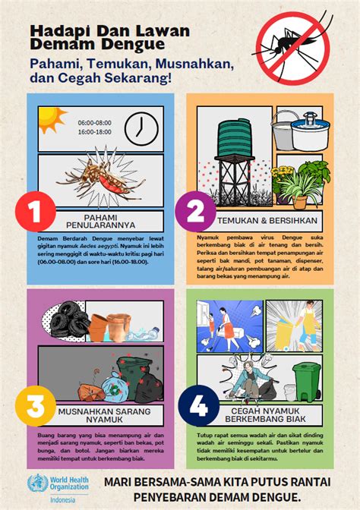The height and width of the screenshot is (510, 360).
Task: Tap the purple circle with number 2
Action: click(x=196, y=212)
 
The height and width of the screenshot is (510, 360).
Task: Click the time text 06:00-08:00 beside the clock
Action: click(x=94, y=122)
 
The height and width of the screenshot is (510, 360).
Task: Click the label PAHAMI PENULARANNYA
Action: click(x=105, y=221)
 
